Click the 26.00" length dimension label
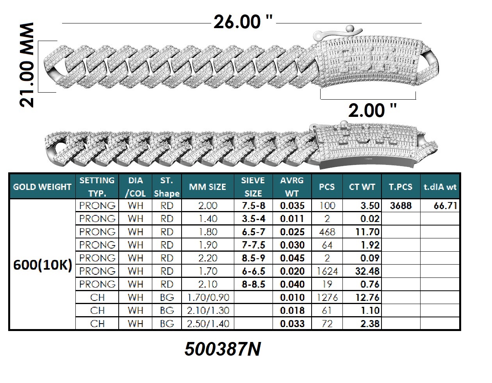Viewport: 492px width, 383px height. click(243, 22)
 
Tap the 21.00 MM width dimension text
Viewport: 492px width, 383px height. click(27, 65)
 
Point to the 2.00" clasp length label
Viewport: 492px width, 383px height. click(373, 110)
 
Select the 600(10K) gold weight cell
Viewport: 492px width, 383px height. click(43, 265)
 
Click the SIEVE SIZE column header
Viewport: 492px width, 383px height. click(253, 187)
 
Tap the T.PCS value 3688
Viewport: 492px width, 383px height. click(401, 206)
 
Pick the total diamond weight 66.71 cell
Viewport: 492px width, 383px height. click(445, 206)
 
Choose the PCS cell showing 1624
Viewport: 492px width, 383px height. click(327, 271)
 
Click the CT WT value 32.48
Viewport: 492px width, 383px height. click(367, 271)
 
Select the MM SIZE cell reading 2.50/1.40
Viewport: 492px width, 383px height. click(208, 324)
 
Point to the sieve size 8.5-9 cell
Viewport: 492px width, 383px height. click(253, 258)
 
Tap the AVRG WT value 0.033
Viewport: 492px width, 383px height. click(292, 324)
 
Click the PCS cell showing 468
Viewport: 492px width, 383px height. click(327, 232)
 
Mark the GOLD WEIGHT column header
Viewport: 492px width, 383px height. click(42, 187)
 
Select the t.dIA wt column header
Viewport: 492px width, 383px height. click(440, 187)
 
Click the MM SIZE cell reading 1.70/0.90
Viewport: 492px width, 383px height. click(208, 297)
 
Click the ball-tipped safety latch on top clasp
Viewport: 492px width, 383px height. click(337, 34)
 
